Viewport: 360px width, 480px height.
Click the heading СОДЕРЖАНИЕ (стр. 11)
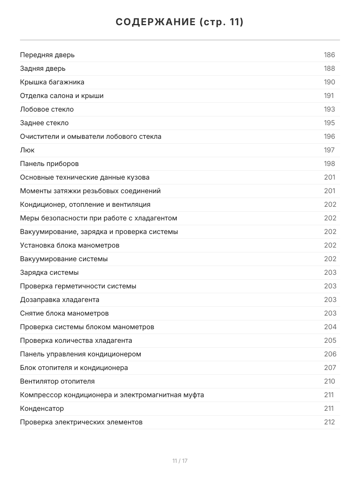pos(180,22)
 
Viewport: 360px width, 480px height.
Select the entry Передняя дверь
pos(47,55)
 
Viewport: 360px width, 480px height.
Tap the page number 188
pos(329,68)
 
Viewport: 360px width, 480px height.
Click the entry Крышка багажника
pos(52,82)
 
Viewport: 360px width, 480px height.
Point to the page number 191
pos(328,96)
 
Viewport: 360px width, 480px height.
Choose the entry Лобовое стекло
pos(47,109)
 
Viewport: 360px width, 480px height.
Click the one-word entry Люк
pos(27,150)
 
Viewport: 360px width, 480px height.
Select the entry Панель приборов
pos(49,164)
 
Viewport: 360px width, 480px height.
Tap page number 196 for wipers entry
pos(329,136)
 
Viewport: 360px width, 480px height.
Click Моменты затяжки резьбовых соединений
pos(90,191)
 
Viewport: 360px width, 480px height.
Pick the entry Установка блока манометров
pos(70,245)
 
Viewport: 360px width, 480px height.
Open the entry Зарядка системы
pos(49,272)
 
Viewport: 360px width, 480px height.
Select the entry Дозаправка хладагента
pos(60,300)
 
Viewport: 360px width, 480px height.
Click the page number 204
pos(330,327)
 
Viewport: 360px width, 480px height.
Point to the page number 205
pos(330,340)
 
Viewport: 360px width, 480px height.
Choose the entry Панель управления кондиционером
pos(80,354)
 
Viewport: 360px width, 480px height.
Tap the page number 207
pos(330,368)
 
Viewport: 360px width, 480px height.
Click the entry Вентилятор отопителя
pos(57,381)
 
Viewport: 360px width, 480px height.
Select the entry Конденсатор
pos(42,408)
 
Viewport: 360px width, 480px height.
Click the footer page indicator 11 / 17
pos(180,461)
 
